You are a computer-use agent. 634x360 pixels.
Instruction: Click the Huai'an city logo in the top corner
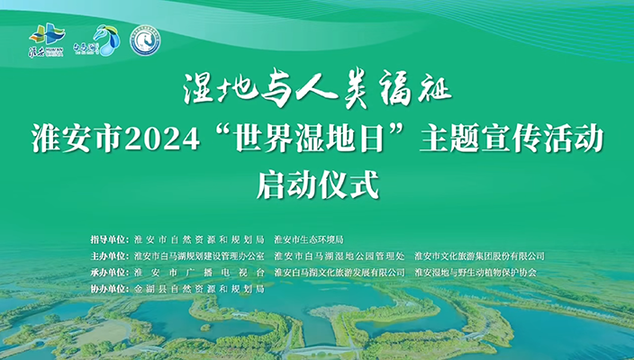[47, 40]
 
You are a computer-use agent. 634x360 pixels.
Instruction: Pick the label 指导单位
[110, 240]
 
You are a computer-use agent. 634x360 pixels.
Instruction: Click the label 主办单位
[110, 256]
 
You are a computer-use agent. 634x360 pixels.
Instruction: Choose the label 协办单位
[110, 289]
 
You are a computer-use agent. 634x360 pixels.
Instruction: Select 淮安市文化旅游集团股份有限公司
[479, 256]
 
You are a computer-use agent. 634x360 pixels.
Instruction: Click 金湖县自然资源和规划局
[198, 289]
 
